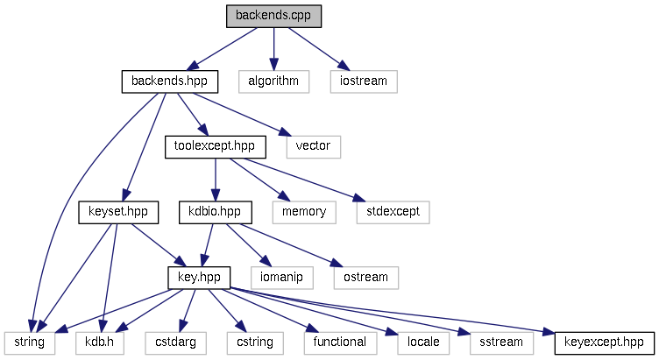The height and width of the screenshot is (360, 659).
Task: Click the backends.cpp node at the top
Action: [273, 16]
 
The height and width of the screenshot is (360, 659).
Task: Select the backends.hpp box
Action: [169, 81]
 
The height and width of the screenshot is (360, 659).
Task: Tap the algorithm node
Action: [273, 81]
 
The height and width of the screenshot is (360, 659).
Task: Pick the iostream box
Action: [364, 81]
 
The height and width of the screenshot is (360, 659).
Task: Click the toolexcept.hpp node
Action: [216, 146]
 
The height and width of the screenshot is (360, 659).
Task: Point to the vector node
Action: [314, 146]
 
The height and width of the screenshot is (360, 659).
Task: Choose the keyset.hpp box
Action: [118, 211]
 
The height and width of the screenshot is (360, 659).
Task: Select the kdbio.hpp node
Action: [215, 211]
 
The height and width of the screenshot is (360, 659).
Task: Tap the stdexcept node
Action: [393, 211]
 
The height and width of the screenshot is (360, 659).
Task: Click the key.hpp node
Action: [199, 277]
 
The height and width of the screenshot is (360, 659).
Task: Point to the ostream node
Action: [365, 277]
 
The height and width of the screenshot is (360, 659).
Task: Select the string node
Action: [30, 342]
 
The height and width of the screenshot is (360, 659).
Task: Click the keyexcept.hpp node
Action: [605, 342]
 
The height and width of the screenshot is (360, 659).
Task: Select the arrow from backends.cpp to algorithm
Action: [273, 48]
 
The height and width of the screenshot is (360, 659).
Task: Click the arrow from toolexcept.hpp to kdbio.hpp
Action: [216, 179]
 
